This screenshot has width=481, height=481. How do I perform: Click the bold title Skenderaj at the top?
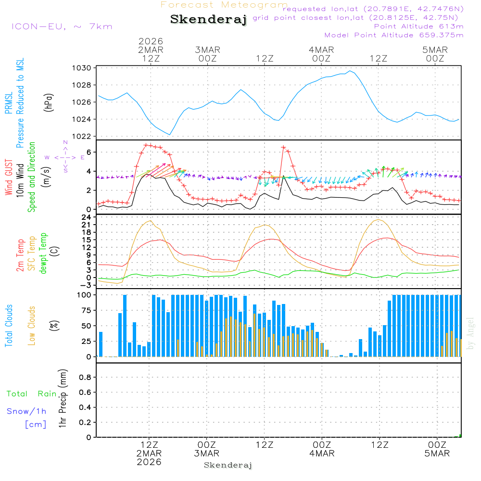[208, 19]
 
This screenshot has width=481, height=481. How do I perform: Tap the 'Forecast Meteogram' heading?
[224, 5]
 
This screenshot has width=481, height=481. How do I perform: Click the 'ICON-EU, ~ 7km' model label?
[62, 26]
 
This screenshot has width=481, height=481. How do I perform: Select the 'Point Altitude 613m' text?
[418, 26]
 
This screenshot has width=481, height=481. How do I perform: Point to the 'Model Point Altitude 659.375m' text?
[394, 35]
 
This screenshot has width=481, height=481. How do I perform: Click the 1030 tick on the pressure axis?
[83, 68]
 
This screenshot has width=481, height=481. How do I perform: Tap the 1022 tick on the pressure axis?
[83, 136]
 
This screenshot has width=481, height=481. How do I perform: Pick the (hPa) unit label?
[48, 102]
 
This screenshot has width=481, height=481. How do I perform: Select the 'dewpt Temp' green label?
[44, 253]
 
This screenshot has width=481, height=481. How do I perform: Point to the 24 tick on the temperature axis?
[87, 217]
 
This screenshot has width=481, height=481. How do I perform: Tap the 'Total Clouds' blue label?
[9, 326]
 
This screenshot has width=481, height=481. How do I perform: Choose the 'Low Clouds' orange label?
[32, 326]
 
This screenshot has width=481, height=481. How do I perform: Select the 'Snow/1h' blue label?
[27, 411]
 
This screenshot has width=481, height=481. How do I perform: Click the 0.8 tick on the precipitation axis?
[85, 378]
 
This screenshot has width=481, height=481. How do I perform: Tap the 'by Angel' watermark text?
[471, 333]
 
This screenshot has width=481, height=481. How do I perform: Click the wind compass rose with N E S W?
[65, 157]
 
